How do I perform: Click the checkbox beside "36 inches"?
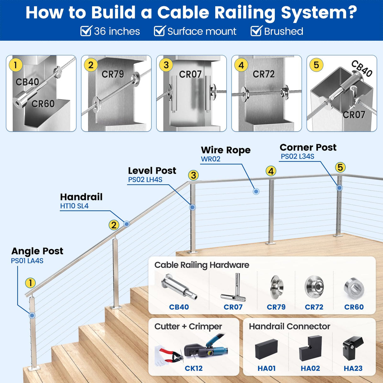pyautogui.click(x=86, y=31)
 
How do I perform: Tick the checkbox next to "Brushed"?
pyautogui.click(x=256, y=31)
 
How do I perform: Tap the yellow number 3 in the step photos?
pyautogui.click(x=166, y=65)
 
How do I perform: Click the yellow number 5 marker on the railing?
pyautogui.click(x=340, y=167)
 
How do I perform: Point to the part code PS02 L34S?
pyautogui.click(x=298, y=156)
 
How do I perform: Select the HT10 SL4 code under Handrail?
pyautogui.click(x=74, y=206)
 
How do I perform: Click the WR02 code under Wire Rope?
pyautogui.click(x=210, y=159)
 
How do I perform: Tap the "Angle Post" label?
pyautogui.click(x=37, y=251)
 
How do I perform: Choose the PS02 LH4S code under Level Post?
pyautogui.click(x=145, y=180)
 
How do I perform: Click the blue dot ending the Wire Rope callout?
pyautogui.click(x=256, y=191)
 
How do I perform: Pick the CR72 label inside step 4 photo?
pyautogui.click(x=264, y=74)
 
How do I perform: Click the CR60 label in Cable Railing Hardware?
pyautogui.click(x=354, y=307)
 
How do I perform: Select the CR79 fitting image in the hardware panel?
pyautogui.click(x=276, y=287)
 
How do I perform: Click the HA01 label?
pyautogui.click(x=267, y=368)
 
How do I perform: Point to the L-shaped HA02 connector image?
pyautogui.click(x=310, y=348)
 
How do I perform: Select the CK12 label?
pyautogui.click(x=194, y=368)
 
